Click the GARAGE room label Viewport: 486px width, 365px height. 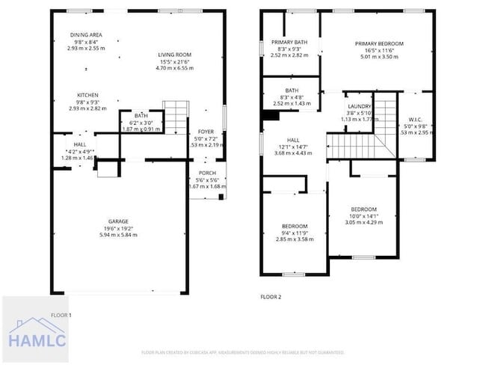(118, 221)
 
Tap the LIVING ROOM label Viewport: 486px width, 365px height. (174, 55)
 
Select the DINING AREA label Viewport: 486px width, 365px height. (86, 35)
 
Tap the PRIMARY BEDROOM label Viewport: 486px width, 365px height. (378, 44)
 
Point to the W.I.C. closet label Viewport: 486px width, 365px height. (415, 120)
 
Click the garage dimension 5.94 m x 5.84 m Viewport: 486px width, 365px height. (118, 235)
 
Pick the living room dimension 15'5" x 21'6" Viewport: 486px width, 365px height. (174, 61)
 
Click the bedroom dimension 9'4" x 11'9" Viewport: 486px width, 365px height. (295, 233)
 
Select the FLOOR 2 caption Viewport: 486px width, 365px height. (270, 297)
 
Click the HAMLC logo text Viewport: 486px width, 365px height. (37, 340)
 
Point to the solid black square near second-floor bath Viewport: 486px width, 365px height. (268, 115)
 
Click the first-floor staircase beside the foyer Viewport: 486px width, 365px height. (174, 116)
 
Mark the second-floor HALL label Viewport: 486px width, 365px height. (293, 140)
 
